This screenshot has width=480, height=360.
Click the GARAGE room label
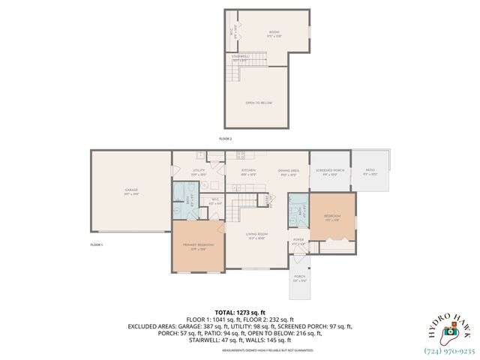tap(130, 191)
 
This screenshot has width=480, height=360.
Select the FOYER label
tap(298, 241)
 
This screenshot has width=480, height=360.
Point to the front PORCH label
tap(299, 277)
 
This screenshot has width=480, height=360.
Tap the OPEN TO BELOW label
tap(257, 103)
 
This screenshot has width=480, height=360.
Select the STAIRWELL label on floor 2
tap(240, 57)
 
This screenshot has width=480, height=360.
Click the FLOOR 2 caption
tap(225, 139)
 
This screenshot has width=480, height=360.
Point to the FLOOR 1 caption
tap(97, 245)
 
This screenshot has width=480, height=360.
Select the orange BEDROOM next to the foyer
tap(332, 217)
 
